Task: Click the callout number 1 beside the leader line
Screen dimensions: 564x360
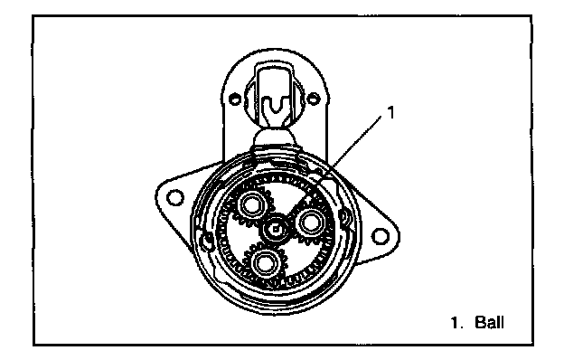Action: click(x=390, y=112)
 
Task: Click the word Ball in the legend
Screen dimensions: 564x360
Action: click(x=489, y=322)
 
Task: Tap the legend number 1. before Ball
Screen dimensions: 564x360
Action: click(x=457, y=322)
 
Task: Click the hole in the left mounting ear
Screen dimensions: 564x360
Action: click(x=175, y=197)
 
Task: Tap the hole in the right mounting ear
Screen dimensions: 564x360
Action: click(x=380, y=236)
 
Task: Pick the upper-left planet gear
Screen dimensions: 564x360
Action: click(x=252, y=205)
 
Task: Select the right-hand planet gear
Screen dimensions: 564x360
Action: click(x=310, y=223)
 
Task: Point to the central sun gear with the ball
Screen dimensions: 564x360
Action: click(x=275, y=229)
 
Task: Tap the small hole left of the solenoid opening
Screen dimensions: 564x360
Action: click(x=234, y=99)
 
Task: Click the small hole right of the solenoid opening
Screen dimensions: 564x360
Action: click(x=314, y=98)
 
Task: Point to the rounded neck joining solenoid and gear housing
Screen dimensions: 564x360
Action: click(x=274, y=138)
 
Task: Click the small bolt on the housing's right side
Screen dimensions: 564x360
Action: click(x=344, y=217)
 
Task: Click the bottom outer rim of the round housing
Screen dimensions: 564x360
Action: click(x=275, y=312)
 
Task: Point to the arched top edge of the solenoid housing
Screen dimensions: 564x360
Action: click(x=275, y=51)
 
